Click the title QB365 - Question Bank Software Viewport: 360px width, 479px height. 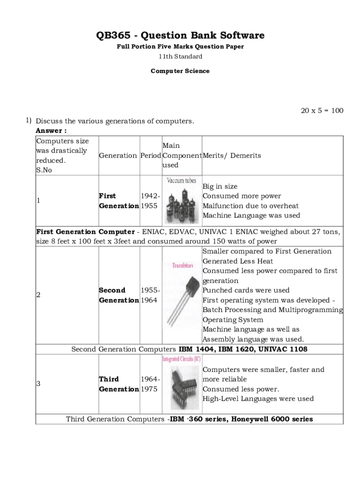(180, 36)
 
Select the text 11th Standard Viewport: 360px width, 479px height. (180, 57)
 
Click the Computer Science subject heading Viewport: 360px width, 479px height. (180, 71)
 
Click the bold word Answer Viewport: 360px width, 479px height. (51, 131)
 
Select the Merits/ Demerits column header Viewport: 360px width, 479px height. (231, 155)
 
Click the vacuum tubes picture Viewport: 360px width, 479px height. (182, 201)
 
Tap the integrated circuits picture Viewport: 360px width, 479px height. (182, 384)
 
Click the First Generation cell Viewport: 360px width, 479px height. (119, 201)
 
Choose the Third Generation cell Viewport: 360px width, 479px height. (119, 384)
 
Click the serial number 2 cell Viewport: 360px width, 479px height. (38, 295)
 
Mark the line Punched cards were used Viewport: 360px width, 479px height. (246, 290)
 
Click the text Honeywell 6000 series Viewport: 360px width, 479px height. (272, 419)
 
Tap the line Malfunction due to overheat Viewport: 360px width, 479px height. (250, 206)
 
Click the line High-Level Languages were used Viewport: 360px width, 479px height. (258, 399)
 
